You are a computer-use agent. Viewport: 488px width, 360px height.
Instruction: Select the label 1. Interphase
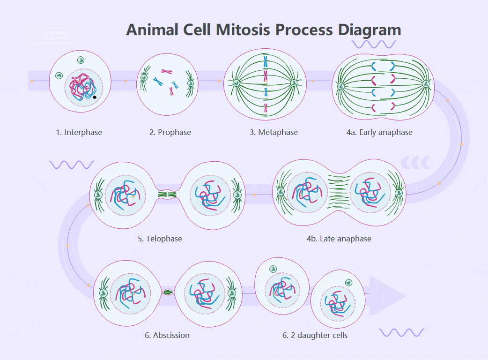(x=79, y=132)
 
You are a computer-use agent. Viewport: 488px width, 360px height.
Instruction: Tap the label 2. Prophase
(x=170, y=132)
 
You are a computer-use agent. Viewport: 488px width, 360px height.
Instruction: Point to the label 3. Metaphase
(x=274, y=132)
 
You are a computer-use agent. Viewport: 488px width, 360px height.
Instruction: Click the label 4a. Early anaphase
(x=379, y=132)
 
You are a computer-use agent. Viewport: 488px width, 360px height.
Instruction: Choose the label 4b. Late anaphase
(x=339, y=239)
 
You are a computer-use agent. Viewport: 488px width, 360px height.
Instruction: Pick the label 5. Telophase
(x=160, y=239)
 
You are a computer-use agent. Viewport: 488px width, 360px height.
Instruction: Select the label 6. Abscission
(x=167, y=335)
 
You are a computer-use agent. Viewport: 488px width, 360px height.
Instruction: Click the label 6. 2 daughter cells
(x=315, y=335)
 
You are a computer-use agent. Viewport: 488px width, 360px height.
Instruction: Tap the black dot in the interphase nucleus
(x=95, y=97)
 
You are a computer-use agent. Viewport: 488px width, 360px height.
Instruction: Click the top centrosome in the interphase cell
(x=81, y=60)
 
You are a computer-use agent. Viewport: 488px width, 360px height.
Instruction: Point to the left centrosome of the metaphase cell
(x=237, y=83)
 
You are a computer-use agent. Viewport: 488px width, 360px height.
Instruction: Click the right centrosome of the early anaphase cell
(x=426, y=84)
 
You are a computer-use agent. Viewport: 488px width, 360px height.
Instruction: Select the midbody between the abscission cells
(x=168, y=292)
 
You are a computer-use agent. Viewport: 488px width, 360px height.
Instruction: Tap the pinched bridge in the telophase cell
(x=167, y=194)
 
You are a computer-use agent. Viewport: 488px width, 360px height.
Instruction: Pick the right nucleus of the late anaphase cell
(x=370, y=192)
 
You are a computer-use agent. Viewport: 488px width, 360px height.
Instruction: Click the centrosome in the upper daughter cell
(x=273, y=269)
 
